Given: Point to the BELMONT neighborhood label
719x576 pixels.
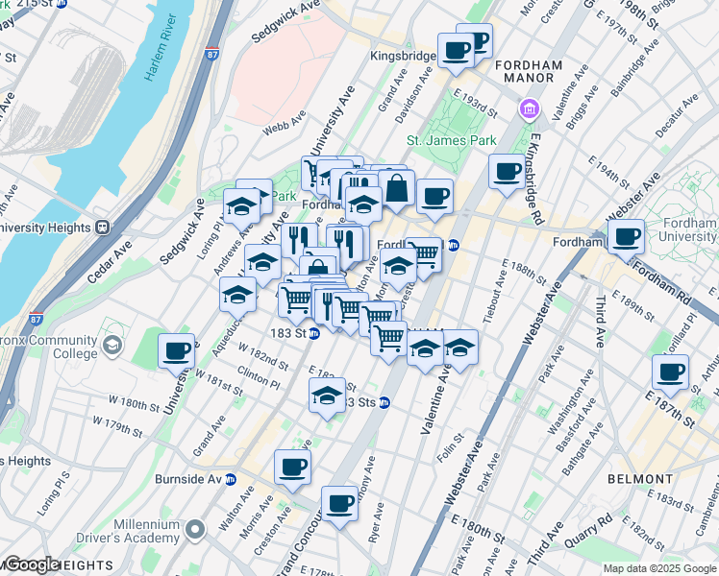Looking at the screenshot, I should (x=641, y=478).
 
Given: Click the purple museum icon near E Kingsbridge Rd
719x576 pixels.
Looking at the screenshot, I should (x=528, y=109).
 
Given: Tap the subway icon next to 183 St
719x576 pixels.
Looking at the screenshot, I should (x=314, y=333).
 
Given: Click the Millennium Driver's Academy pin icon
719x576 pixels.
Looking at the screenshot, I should (x=195, y=529).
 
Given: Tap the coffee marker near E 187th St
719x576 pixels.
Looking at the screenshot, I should (x=670, y=372).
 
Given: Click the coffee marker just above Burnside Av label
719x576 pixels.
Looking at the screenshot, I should (x=292, y=468).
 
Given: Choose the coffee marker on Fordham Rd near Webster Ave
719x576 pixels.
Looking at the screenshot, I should (x=626, y=235).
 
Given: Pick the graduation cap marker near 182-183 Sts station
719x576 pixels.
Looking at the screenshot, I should (x=327, y=396).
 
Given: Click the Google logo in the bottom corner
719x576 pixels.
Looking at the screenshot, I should (x=32, y=564).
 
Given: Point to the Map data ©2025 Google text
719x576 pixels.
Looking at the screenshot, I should (x=658, y=568).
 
